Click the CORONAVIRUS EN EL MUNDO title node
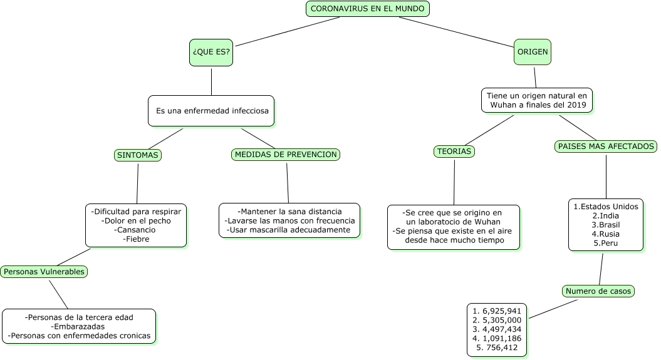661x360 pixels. (368, 9)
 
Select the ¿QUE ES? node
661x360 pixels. (211, 52)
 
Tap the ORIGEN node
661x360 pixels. (533, 52)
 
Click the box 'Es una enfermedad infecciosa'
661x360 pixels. (211, 111)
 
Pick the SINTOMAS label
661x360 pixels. (137, 155)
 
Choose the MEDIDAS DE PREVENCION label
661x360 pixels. (286, 155)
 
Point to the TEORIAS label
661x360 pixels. (454, 151)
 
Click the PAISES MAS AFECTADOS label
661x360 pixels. (606, 146)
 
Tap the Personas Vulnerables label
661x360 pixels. (44, 272)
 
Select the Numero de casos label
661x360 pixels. (598, 291)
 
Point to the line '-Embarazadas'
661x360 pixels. (78, 327)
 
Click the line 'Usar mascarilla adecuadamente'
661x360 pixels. (289, 230)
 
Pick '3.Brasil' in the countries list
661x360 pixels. (606, 225)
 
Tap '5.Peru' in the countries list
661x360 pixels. (606, 244)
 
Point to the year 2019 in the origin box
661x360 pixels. (576, 105)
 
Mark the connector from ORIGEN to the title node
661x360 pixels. (456, 31)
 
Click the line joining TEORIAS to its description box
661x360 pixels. (454, 182)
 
